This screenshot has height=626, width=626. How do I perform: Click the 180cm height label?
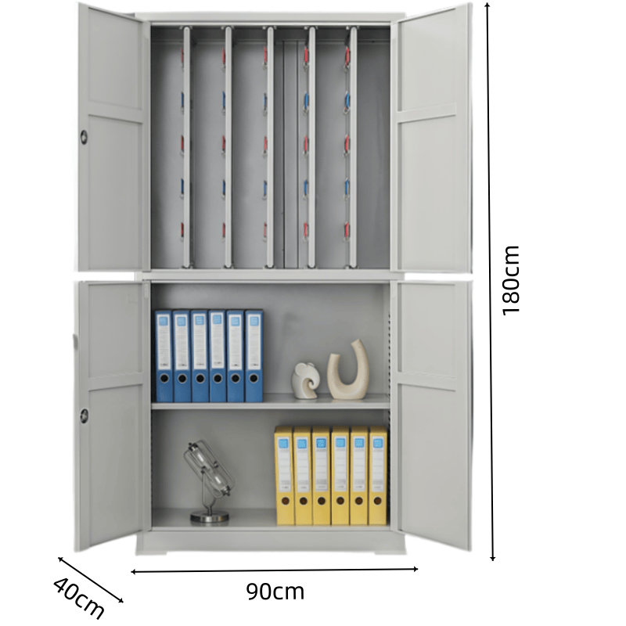coord(511,281)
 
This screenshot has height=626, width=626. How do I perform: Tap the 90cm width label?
coord(275,592)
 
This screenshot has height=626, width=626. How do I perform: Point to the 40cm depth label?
coord(78,597)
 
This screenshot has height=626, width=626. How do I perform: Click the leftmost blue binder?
coord(164,356)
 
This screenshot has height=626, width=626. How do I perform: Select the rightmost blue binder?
coord(254,356)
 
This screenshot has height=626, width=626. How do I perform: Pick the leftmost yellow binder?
coord(285,476)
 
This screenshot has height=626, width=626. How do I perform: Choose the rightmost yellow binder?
coord(378,476)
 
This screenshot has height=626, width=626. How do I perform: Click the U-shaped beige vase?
coord(348,369)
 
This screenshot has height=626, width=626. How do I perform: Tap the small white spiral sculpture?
coord(305,380)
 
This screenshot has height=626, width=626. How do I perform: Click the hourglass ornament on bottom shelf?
coord(209,482)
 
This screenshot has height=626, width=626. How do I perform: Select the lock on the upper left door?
coord(84,137)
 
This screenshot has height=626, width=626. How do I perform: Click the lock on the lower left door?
coord(84,416)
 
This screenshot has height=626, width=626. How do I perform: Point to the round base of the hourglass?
coord(210,517)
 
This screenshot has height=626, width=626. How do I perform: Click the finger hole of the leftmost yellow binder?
coord(285,501)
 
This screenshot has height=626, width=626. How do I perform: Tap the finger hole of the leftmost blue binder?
coord(164,377)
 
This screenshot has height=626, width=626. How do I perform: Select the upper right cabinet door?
coord(432,138)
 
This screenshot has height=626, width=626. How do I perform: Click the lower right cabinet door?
coord(432,416)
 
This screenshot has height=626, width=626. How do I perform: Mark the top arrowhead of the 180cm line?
coord(487,4)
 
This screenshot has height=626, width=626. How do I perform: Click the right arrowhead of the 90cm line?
coord(416,569)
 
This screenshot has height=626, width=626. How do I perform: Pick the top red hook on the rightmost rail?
coord(347,56)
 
